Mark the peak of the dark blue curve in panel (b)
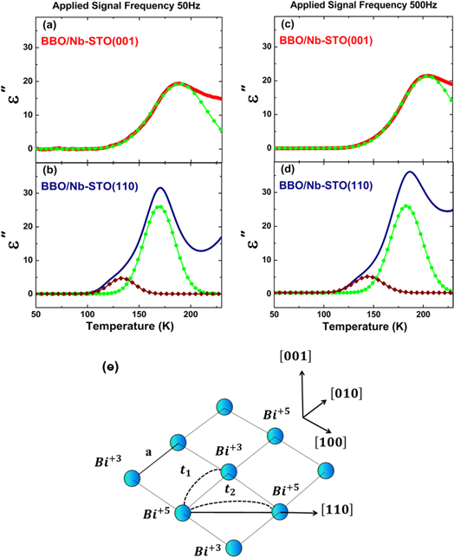pos(159,188)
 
